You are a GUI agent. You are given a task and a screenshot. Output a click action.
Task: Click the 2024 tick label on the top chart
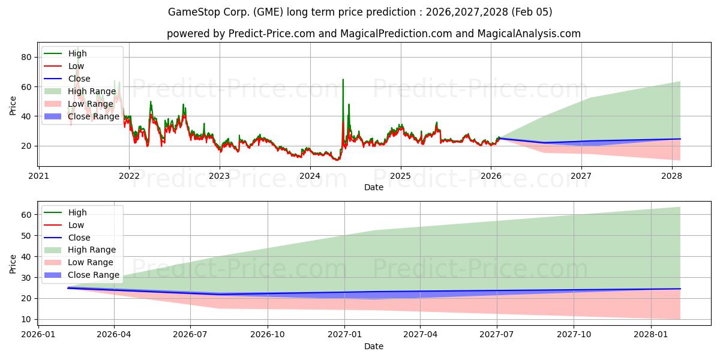(310, 176)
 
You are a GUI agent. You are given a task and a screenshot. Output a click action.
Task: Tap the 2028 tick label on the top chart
(671, 176)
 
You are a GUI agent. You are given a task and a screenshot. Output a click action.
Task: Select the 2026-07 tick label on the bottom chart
(190, 335)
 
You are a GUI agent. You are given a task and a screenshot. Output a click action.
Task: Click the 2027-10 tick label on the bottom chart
(574, 335)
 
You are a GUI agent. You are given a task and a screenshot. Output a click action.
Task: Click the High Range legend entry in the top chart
(92, 91)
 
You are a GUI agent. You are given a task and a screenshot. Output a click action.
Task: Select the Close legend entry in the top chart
(79, 79)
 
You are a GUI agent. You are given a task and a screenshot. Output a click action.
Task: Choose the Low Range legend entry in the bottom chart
(91, 263)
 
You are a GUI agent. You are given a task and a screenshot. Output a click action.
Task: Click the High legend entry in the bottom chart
(77, 212)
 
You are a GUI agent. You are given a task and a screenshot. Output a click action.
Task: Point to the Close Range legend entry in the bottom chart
(94, 275)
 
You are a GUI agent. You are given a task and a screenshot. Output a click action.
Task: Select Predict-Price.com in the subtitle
(272, 34)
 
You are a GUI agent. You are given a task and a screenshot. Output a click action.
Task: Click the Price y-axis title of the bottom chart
(13, 263)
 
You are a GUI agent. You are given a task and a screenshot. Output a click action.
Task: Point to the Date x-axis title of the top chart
(373, 188)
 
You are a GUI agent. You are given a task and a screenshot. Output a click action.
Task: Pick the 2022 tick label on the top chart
(129, 176)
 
